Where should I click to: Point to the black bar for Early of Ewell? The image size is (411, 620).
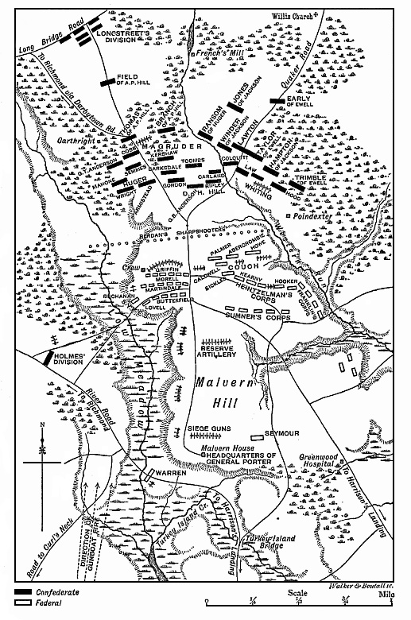click(276, 100)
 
